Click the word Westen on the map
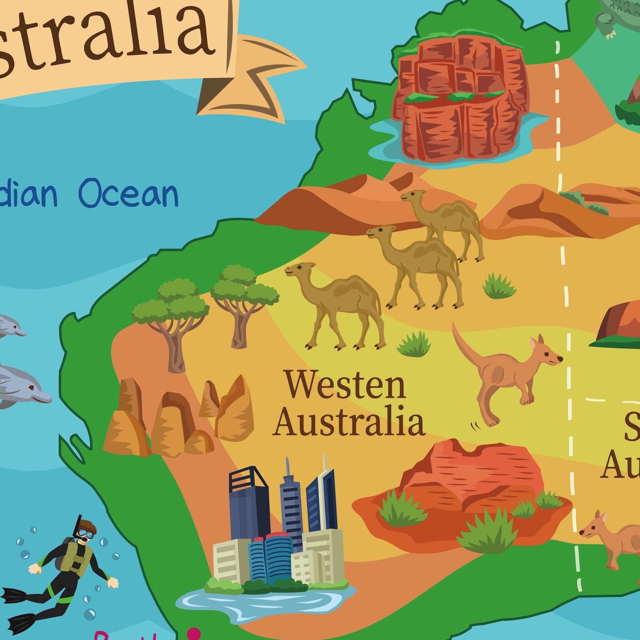click(345, 385)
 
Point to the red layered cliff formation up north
click(459, 97)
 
